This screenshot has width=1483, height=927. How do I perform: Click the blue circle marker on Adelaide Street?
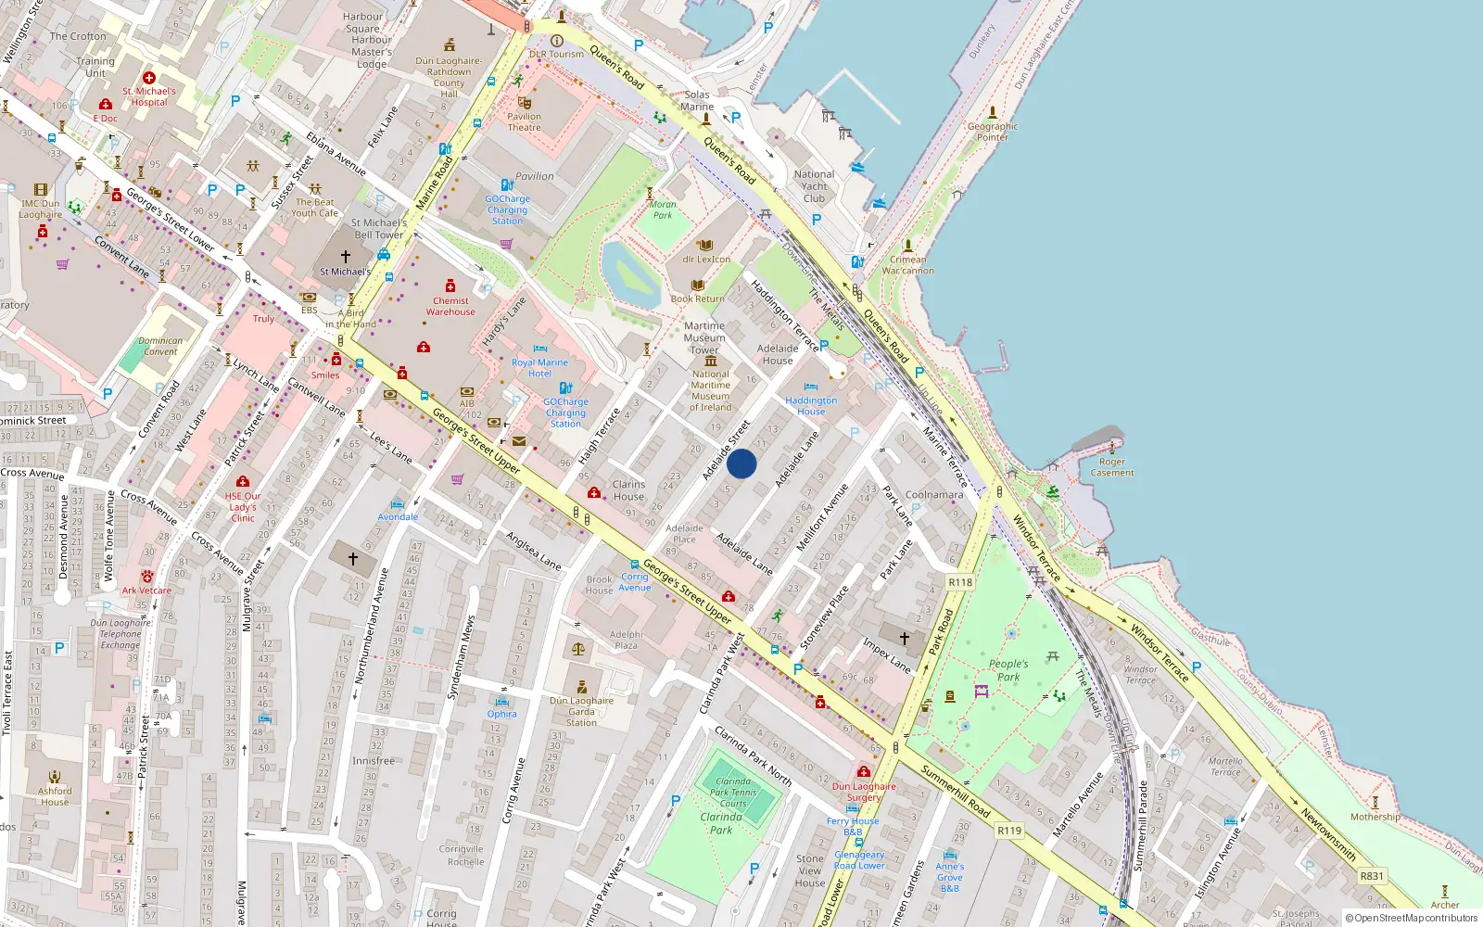pyautogui.click(x=741, y=463)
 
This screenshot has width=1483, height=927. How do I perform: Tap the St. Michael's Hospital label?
pyautogui.click(x=148, y=96)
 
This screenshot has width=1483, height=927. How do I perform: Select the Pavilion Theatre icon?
pyautogui.click(x=525, y=103)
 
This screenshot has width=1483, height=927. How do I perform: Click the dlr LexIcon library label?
pyautogui.click(x=706, y=260)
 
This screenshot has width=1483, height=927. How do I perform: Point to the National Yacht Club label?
pyautogui.click(x=814, y=186)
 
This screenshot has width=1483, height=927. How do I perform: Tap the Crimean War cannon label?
pyautogui.click(x=907, y=265)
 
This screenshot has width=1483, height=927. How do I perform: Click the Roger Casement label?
pyautogui.click(x=1112, y=467)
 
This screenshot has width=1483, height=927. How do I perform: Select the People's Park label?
pyautogui.click(x=1008, y=670)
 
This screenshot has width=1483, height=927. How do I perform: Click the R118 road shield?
pyautogui.click(x=960, y=582)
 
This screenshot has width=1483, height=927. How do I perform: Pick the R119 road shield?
pyautogui.click(x=1009, y=831)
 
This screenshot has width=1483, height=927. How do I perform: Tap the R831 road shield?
pyautogui.click(x=1372, y=876)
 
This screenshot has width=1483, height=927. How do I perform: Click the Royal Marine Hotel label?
pyautogui.click(x=539, y=368)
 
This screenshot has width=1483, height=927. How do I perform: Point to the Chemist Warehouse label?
pyautogui.click(x=450, y=306)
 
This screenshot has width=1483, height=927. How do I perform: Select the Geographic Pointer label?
pyautogui.click(x=993, y=132)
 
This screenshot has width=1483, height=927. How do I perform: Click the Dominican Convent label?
pyautogui.click(x=160, y=346)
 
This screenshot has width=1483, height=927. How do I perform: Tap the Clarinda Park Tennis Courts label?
pyautogui.click(x=733, y=792)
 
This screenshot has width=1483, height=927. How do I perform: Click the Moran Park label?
pyautogui.click(x=663, y=210)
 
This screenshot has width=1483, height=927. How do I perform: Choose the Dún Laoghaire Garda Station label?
pyautogui.click(x=581, y=711)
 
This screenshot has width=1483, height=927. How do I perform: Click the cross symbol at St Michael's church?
pyautogui.click(x=346, y=256)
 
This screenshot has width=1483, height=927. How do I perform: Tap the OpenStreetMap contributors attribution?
pyautogui.click(x=1412, y=918)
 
